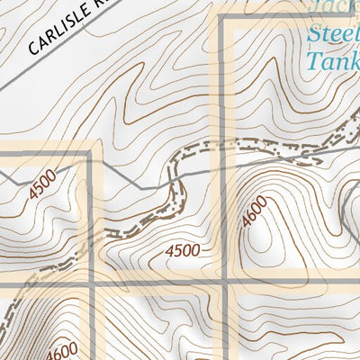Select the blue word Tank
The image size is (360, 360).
point(332,60)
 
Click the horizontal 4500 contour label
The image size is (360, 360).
point(183,252)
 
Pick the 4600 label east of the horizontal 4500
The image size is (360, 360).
point(255,214)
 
